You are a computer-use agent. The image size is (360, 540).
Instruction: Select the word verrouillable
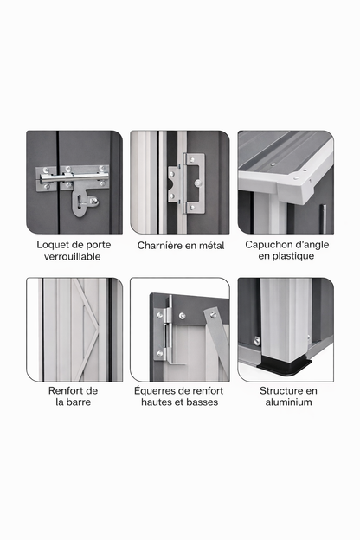pyautogui.click(x=74, y=257)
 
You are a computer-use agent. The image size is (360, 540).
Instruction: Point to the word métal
pyautogui.click(x=209, y=246)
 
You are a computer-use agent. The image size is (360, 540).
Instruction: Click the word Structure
pyautogui.click(x=282, y=390)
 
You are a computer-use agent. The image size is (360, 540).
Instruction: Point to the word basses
pyautogui.click(x=201, y=402)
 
